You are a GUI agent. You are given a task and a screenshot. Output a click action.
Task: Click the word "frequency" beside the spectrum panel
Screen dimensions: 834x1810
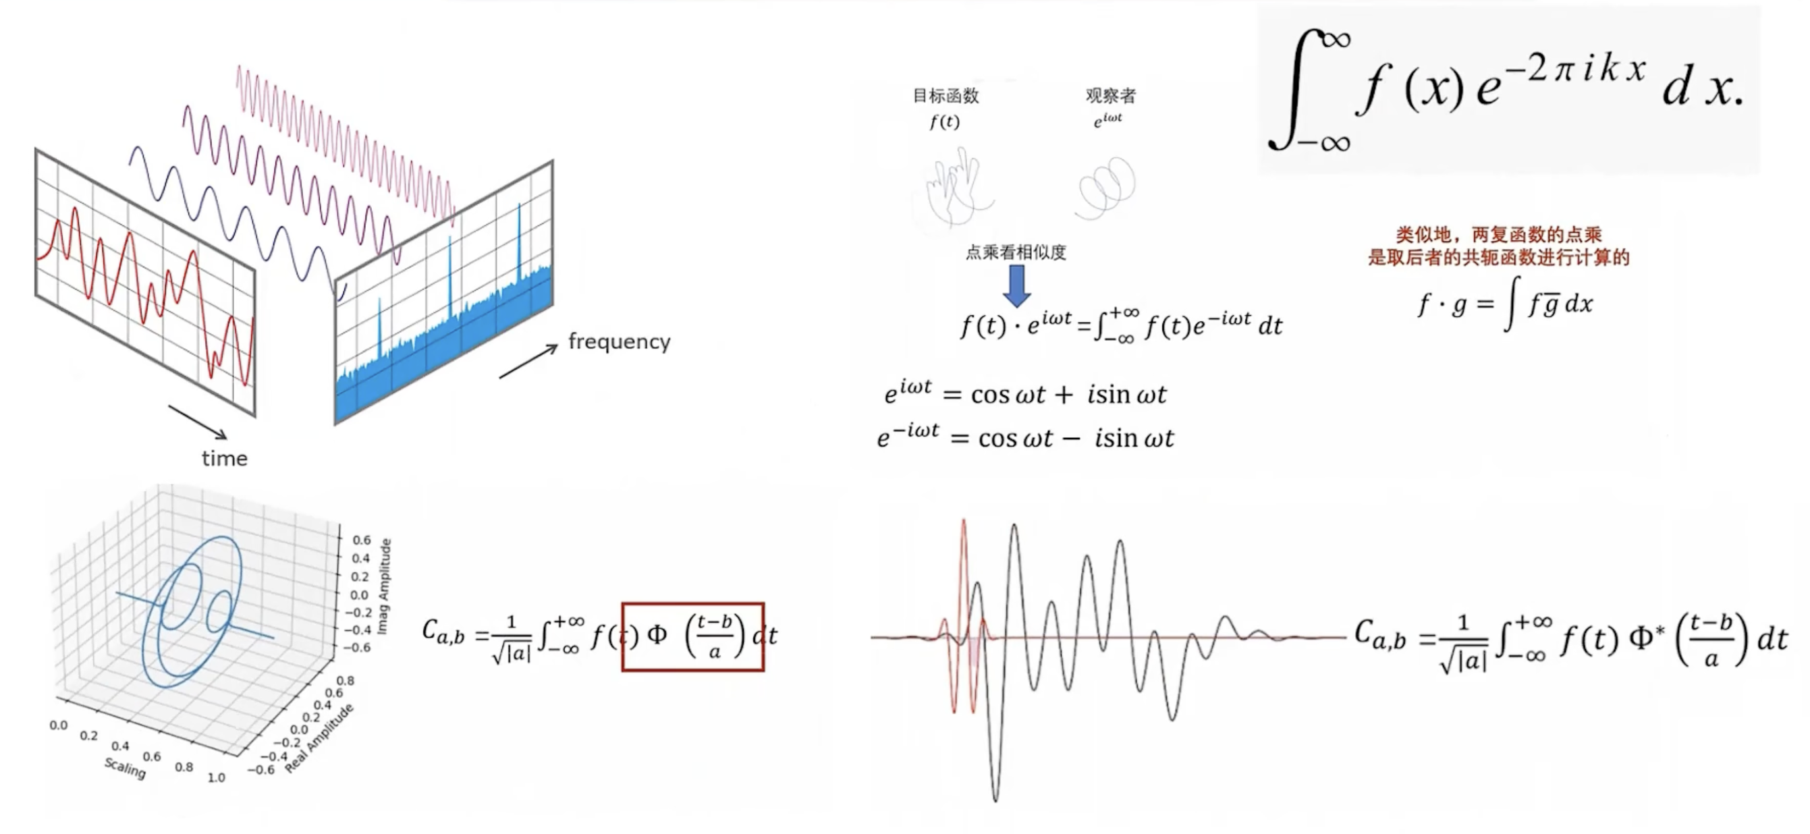tap(619, 341)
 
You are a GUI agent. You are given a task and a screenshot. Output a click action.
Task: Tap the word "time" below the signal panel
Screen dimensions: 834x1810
tap(224, 459)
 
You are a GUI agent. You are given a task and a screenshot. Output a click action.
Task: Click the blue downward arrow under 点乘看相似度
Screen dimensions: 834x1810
tap(1016, 285)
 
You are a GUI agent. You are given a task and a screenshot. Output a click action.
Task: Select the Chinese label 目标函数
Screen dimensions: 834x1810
tap(945, 96)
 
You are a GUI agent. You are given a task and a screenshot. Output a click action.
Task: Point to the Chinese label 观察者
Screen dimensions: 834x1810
tap(1110, 96)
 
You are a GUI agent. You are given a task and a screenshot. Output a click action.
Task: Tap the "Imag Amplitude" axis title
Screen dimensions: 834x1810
tap(385, 586)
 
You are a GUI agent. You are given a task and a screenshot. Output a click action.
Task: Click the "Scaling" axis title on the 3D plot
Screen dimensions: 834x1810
tap(125, 767)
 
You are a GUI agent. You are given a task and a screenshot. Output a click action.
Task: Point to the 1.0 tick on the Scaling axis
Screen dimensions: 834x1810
tap(217, 778)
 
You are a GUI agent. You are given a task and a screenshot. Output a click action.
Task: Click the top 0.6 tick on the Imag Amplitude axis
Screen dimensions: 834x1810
tap(361, 540)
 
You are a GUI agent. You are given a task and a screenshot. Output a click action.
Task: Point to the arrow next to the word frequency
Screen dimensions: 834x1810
tap(528, 362)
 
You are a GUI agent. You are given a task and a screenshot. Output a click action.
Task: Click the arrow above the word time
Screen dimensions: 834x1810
tap(198, 422)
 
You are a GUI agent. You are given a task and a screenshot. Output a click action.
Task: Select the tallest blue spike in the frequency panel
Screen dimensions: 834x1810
tap(519, 239)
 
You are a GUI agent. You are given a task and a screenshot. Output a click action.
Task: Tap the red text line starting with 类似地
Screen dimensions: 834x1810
tap(1498, 235)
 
